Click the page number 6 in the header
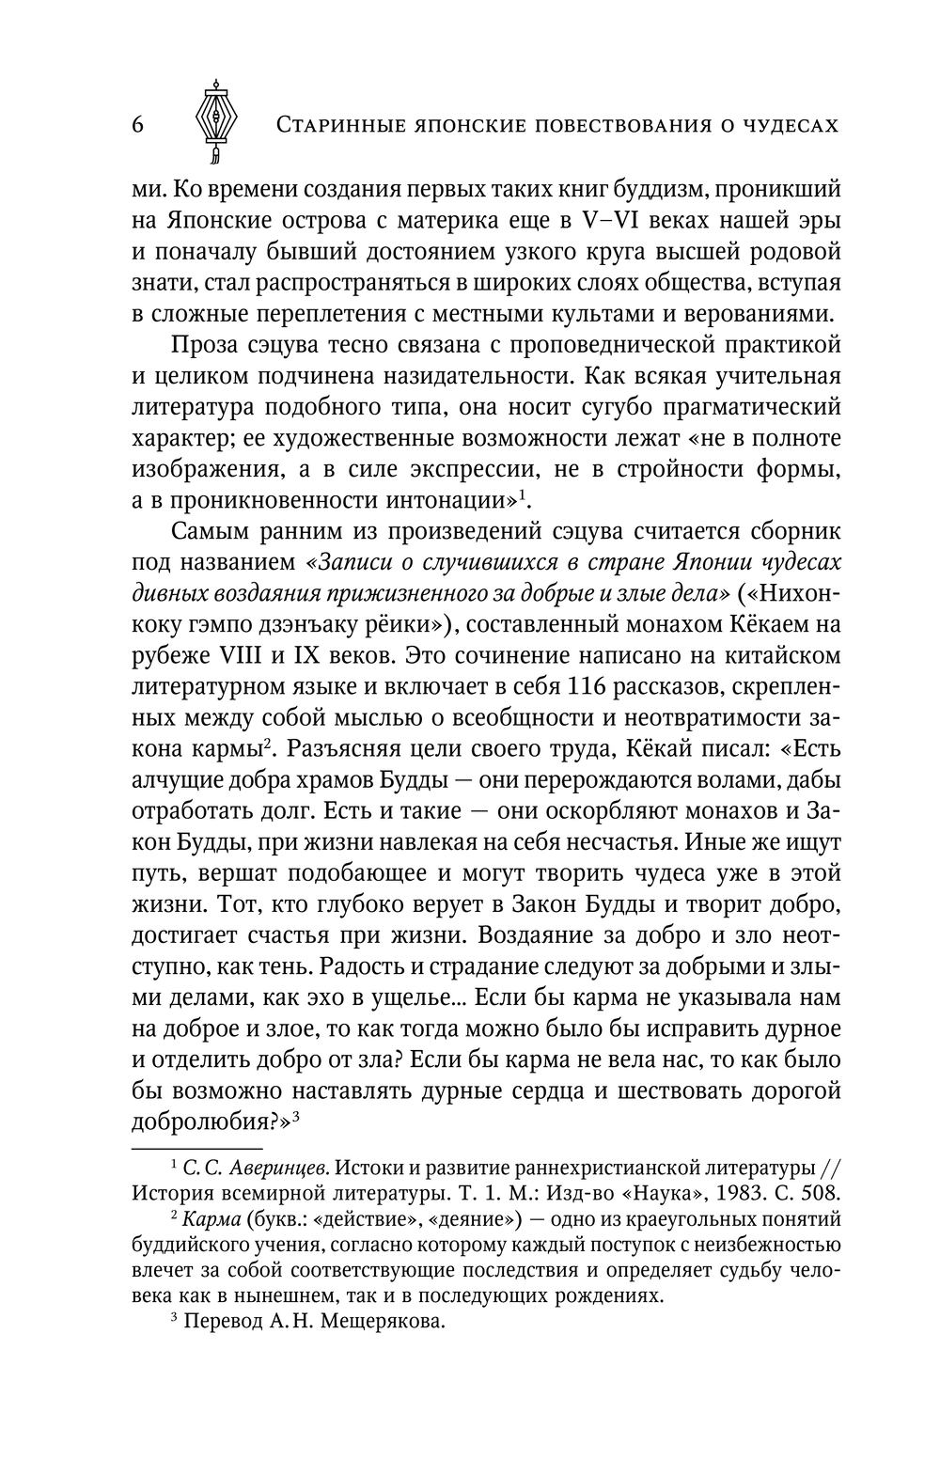[137, 125]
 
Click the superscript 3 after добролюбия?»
[296, 1116]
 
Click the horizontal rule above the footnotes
[196, 1148]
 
